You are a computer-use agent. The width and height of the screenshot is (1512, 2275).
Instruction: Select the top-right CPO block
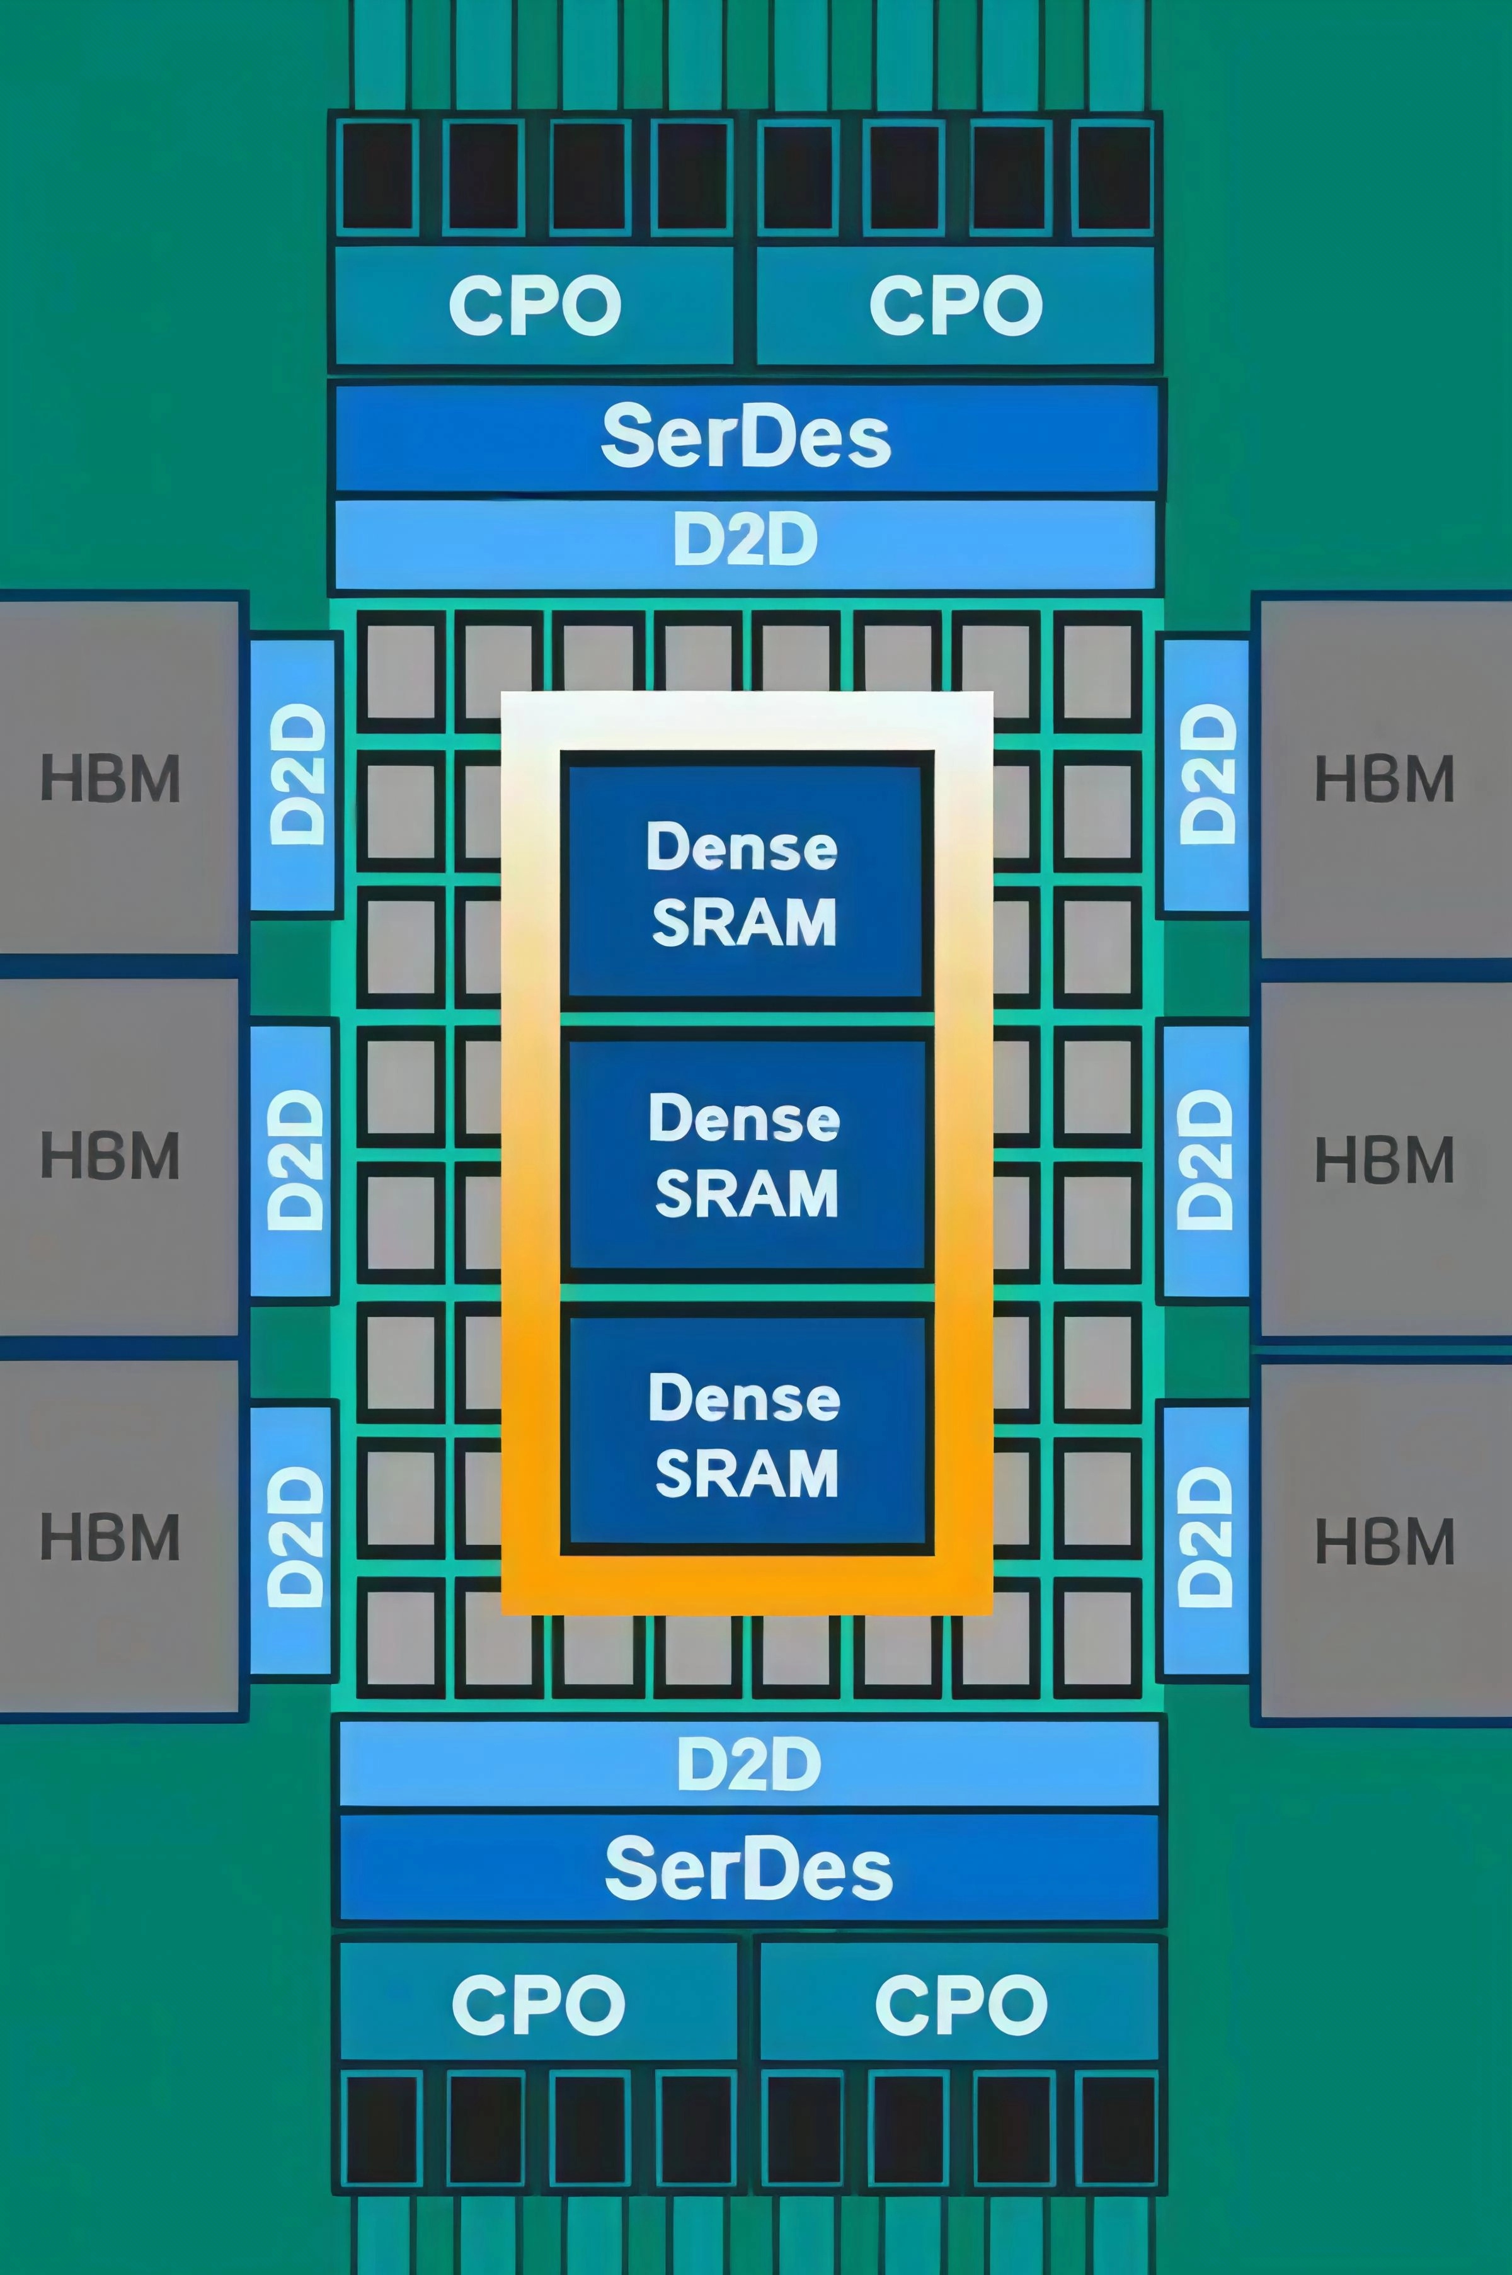click(x=956, y=305)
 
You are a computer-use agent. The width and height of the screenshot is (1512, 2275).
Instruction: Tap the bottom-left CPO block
click(x=537, y=2004)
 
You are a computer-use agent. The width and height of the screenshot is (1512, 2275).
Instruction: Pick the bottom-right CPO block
click(x=959, y=2004)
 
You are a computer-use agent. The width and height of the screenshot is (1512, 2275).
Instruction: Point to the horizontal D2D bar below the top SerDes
click(x=745, y=542)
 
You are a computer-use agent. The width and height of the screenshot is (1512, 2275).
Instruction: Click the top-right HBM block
click(x=1385, y=777)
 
